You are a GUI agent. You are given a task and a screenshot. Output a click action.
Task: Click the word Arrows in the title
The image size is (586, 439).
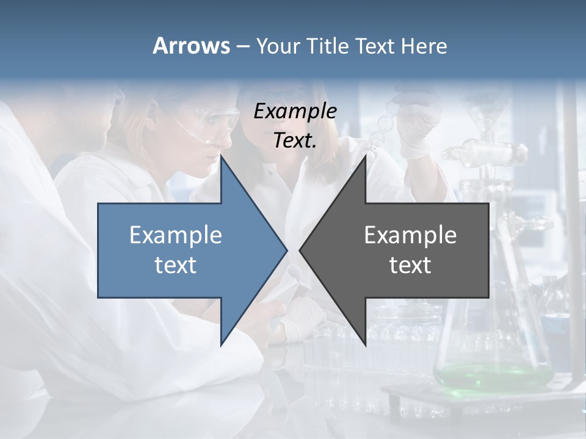click(191, 46)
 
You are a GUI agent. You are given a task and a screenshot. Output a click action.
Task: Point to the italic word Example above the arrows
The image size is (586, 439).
click(295, 111)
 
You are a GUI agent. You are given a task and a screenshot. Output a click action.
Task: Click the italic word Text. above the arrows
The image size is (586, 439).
click(295, 140)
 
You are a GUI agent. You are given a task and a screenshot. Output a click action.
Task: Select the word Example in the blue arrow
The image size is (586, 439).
click(176, 235)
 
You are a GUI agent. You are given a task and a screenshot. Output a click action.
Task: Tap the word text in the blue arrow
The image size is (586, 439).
click(176, 265)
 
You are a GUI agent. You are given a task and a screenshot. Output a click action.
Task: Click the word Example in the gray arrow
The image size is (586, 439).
click(410, 235)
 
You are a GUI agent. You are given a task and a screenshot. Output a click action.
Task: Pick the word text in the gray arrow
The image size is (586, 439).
click(410, 265)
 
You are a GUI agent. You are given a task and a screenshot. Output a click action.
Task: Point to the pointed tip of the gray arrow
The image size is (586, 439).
click(300, 250)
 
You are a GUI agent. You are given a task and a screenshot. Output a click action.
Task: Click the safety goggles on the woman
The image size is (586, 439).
click(211, 122)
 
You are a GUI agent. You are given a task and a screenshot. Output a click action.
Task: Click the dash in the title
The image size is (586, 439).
click(242, 46)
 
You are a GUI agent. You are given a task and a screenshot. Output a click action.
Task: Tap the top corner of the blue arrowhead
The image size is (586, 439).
click(222, 157)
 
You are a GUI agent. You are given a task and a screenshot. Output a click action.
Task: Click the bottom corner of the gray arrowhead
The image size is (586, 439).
click(365, 343)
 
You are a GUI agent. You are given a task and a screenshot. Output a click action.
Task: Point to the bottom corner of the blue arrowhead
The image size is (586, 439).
click(222, 344)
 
